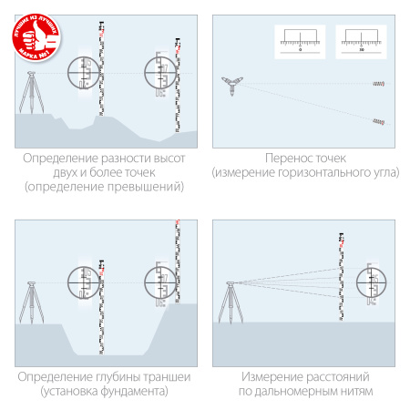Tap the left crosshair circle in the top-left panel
[x=88, y=72]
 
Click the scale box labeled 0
[x=300, y=39]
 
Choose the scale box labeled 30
[x=362, y=39]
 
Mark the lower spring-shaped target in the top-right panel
[x=376, y=122]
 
